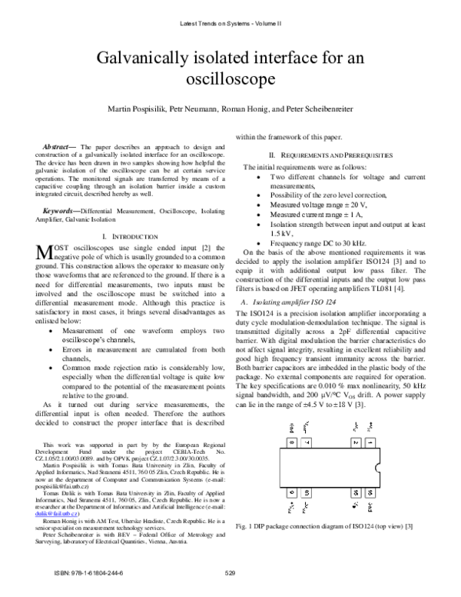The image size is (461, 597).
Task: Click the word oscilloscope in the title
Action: pyautogui.click(x=230, y=78)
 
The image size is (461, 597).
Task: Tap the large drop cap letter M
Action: pyautogui.click(x=44, y=253)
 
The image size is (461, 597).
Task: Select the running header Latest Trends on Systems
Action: pyautogui.click(x=230, y=24)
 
